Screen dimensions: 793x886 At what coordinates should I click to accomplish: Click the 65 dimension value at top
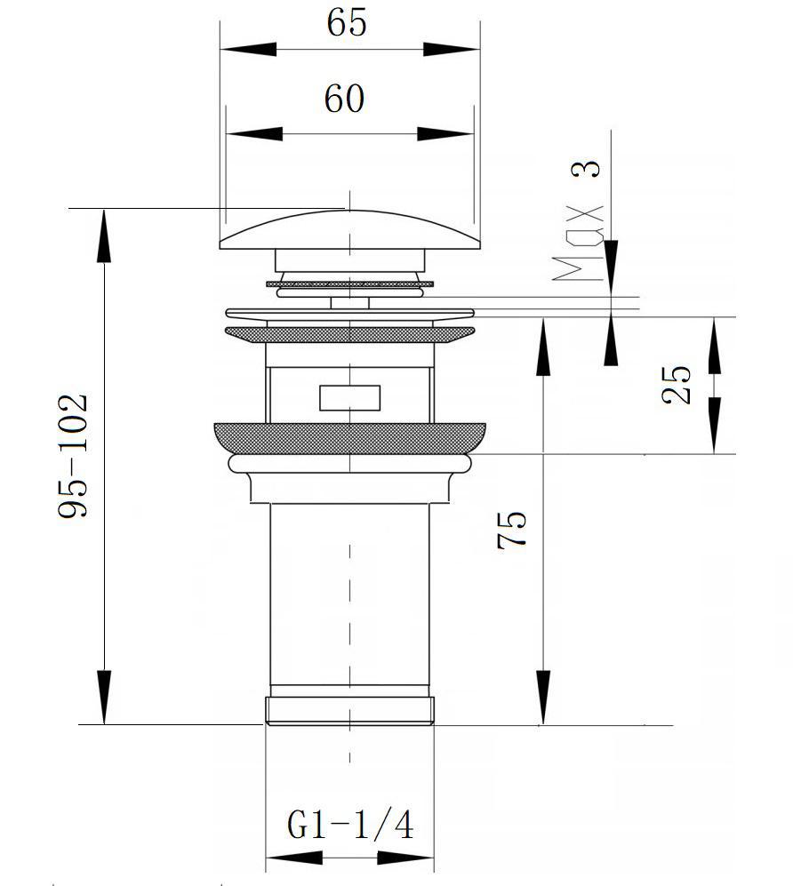click(x=347, y=22)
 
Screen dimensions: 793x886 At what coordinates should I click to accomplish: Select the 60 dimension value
click(x=344, y=99)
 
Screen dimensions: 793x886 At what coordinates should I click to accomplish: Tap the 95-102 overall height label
click(x=74, y=455)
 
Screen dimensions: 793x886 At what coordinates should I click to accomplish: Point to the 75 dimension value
click(x=512, y=530)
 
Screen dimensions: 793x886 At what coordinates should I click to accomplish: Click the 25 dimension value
click(x=677, y=385)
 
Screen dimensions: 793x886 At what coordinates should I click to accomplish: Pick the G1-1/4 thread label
click(x=350, y=825)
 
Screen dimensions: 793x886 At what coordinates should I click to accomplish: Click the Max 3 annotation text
click(x=579, y=221)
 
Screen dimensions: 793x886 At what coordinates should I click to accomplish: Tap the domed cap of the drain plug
click(x=350, y=230)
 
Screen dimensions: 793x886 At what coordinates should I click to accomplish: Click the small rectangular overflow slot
click(x=350, y=398)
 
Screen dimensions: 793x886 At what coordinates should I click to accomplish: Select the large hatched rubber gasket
click(x=350, y=438)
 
